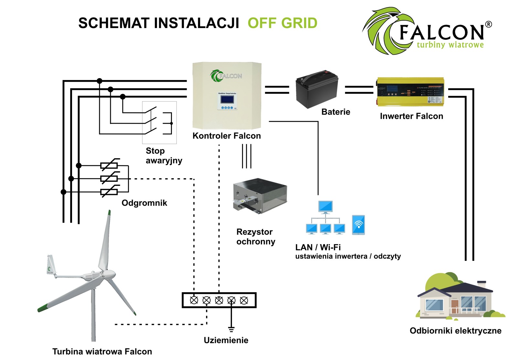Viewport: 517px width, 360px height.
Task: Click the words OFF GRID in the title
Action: tap(282, 23)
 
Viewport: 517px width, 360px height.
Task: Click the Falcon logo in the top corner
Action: tap(427, 31)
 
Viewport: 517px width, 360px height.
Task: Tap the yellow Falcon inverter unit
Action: tap(410, 92)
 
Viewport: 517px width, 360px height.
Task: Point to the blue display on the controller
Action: tap(227, 99)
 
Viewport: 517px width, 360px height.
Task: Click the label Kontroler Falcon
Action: tap(227, 136)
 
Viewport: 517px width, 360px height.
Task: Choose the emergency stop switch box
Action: tap(159, 122)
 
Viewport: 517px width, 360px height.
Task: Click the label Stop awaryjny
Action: tap(164, 156)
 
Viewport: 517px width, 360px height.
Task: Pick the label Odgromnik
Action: tap(144, 203)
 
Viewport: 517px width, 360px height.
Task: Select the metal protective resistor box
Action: tap(260, 196)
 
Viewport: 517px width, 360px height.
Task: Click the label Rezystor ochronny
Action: tap(256, 237)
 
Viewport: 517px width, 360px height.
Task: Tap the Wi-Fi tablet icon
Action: tap(358, 225)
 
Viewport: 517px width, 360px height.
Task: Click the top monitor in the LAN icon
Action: tap(325, 207)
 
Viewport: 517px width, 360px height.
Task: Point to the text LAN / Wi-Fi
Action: tap(318, 247)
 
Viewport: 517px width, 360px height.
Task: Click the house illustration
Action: tap(459, 299)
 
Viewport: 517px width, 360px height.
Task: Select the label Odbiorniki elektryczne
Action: tap(455, 331)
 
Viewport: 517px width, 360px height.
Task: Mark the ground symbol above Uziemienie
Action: tap(231, 329)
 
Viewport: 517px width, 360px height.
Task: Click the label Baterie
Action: tap(336, 112)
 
